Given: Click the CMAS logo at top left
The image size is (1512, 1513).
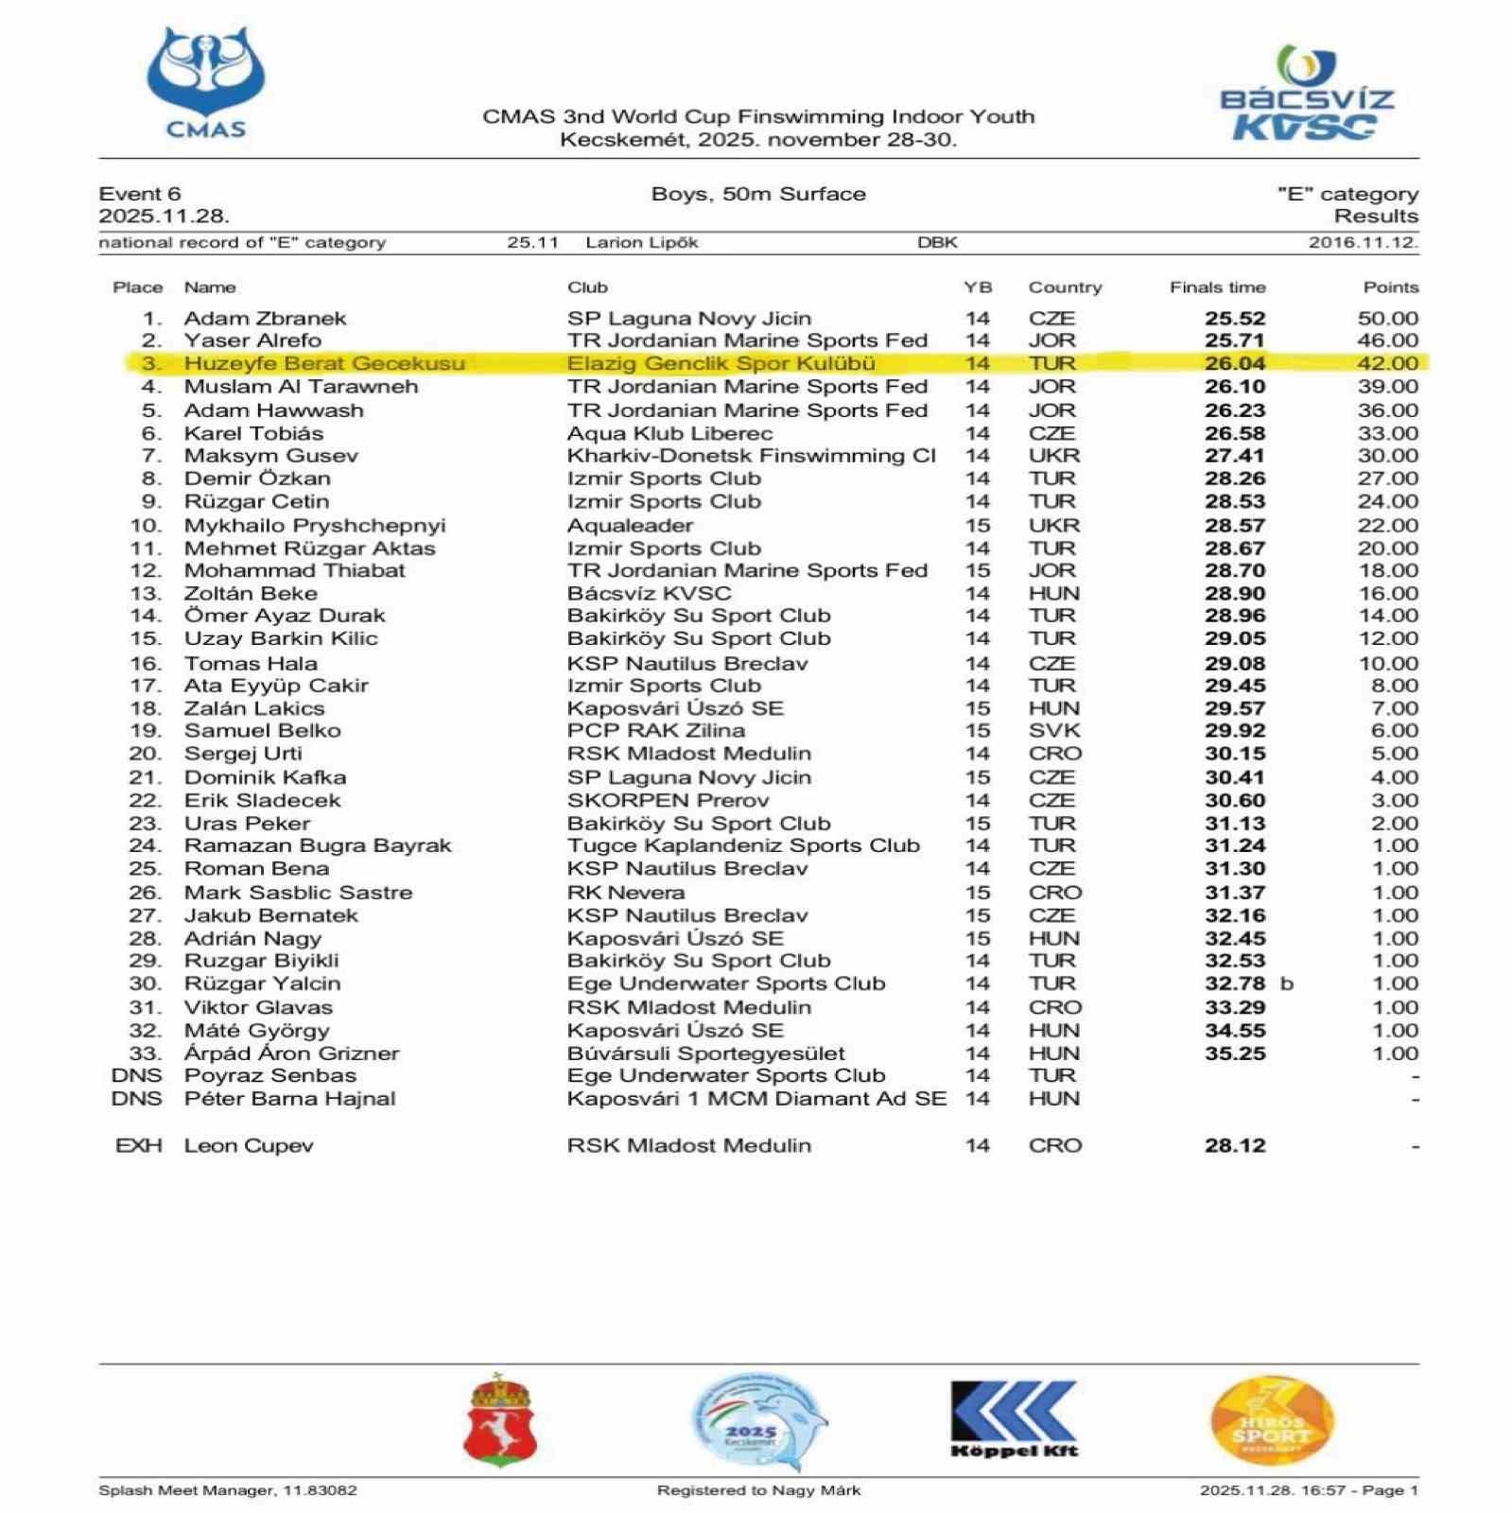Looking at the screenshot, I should point(206,83).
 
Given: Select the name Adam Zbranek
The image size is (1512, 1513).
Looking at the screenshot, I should point(265,319).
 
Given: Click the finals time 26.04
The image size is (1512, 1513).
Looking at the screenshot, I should point(1234,364).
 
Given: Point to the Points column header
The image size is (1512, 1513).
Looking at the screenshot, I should point(1390,287).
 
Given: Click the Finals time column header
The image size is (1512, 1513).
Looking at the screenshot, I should point(1217,287).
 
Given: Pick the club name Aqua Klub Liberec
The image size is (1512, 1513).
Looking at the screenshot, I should point(669,434).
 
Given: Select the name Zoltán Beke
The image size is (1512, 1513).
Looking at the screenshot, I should point(251,594).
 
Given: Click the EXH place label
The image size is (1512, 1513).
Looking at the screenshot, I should point(138,1146).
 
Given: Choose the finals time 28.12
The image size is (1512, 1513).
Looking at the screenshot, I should point(1234,1146).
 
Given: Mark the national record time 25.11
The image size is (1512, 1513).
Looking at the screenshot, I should point(532,243).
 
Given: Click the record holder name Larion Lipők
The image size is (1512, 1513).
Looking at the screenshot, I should point(641,243).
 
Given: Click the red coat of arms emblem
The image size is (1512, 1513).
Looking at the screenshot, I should point(499,1421).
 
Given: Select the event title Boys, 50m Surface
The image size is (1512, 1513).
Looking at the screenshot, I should point(758,195).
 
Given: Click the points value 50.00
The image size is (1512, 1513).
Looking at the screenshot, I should point(1387,319).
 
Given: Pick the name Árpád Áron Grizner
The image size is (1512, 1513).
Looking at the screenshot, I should point(291,1053).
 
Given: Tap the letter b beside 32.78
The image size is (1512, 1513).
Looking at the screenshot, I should point(1286,984).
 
